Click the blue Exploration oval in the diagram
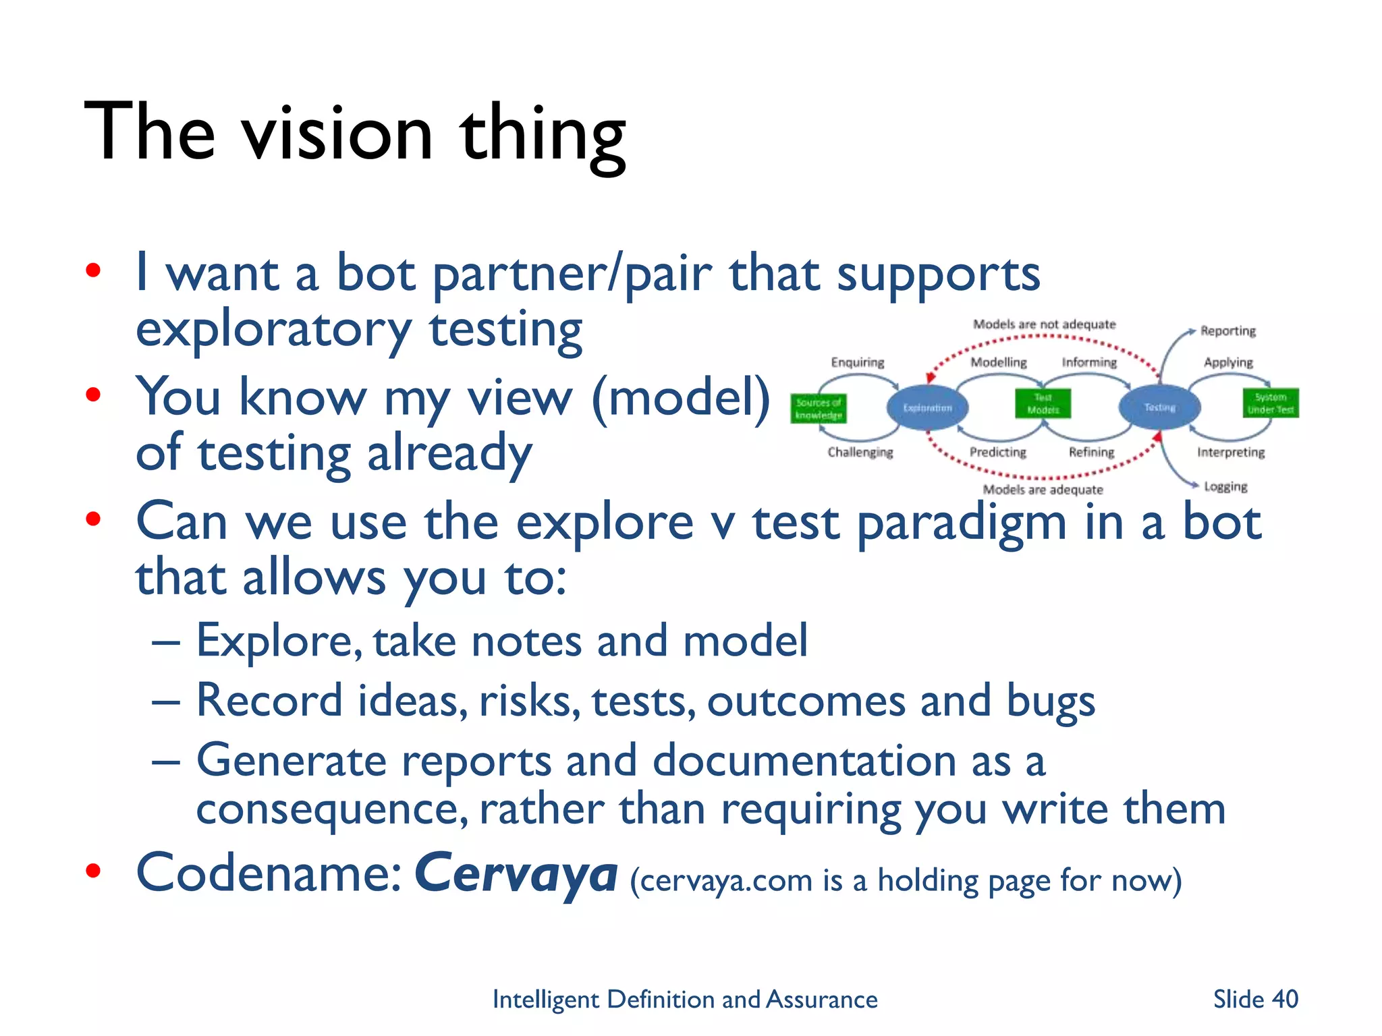pyautogui.click(x=927, y=407)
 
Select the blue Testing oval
pyautogui.click(x=1159, y=407)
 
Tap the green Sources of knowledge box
pyautogui.click(x=818, y=408)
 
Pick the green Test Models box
pyautogui.click(x=1043, y=403)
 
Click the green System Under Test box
pyautogui.click(x=1271, y=403)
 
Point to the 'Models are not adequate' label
pyautogui.click(x=1044, y=324)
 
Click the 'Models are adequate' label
pyautogui.click(x=1043, y=490)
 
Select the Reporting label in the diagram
pyautogui.click(x=1227, y=331)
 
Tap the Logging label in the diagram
pyautogui.click(x=1225, y=486)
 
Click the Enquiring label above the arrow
pyautogui.click(x=857, y=362)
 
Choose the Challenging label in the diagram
pyautogui.click(x=860, y=452)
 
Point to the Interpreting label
pyautogui.click(x=1230, y=452)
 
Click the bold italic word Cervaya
pyautogui.click(x=516, y=873)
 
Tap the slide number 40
pyautogui.click(x=1284, y=999)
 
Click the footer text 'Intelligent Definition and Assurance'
pyautogui.click(x=684, y=999)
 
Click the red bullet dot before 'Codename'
pyautogui.click(x=93, y=871)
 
